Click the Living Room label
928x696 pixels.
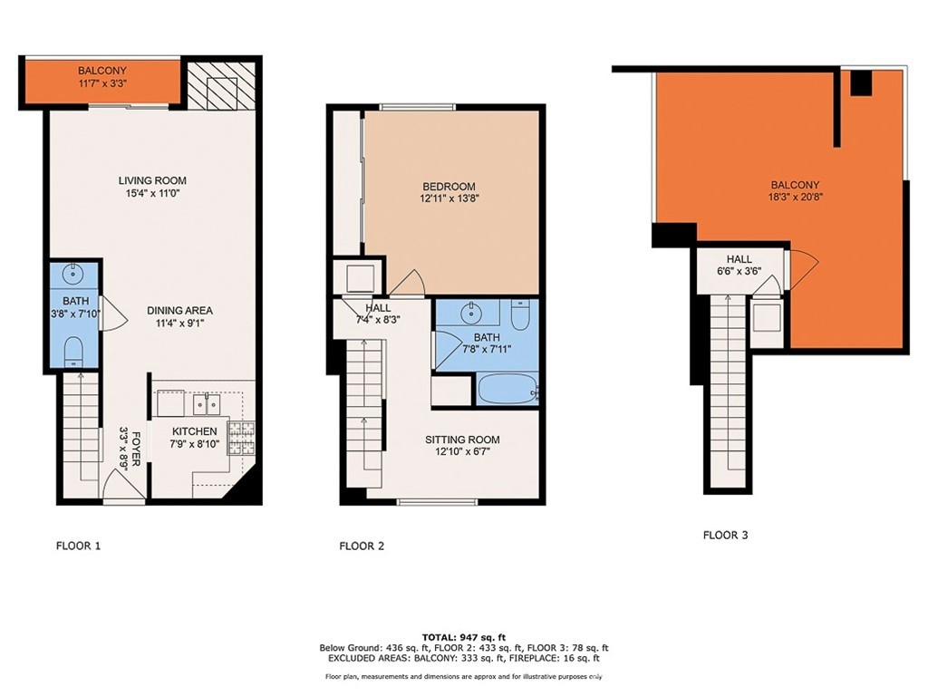(x=152, y=180)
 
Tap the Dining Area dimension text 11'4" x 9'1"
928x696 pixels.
(x=179, y=324)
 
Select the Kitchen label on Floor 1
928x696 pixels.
(x=194, y=431)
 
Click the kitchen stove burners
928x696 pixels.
(x=241, y=438)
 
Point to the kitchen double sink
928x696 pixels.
(x=207, y=405)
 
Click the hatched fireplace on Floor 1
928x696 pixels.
(x=221, y=86)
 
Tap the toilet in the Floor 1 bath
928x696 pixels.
(x=72, y=352)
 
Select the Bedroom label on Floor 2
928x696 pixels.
(x=449, y=187)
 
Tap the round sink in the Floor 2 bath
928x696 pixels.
(x=471, y=313)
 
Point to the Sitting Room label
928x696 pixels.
(x=462, y=440)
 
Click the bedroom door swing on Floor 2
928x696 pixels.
(x=408, y=283)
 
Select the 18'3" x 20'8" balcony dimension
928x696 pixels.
(x=795, y=198)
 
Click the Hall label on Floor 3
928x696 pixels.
(x=739, y=259)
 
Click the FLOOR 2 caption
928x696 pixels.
(x=362, y=546)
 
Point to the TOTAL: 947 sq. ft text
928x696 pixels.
(x=463, y=637)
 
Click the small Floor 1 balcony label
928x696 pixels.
(x=102, y=71)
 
